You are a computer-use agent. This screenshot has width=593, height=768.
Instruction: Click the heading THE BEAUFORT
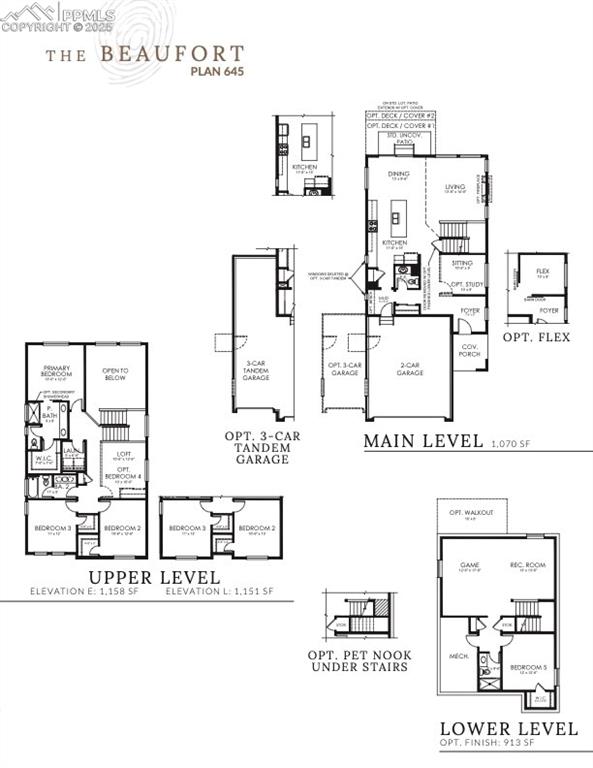point(143,53)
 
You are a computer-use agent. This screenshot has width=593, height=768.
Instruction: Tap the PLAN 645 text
point(217,71)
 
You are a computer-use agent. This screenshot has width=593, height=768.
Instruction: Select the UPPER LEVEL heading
point(154,577)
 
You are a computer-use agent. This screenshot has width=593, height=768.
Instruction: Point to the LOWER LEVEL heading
point(508,728)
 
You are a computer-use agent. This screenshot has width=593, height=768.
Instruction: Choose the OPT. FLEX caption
point(537,337)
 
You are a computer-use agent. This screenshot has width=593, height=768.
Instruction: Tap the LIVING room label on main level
point(456,187)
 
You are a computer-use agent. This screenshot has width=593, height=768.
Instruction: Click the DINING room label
point(399,174)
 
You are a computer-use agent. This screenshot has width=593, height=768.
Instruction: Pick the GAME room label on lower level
point(469,566)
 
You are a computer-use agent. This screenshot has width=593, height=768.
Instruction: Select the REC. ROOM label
point(524,566)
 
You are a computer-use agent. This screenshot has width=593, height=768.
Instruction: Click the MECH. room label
point(461,656)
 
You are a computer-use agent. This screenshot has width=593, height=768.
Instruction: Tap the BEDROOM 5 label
point(529,666)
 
